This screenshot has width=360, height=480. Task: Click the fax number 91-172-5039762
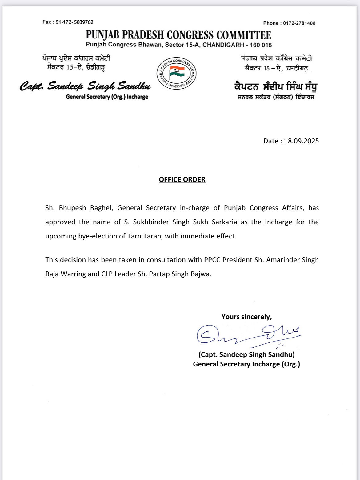click(x=74, y=22)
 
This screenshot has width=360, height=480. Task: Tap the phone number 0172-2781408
click(x=299, y=23)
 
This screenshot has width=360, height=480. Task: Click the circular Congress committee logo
click(x=177, y=73)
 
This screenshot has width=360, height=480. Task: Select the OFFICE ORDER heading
click(x=182, y=179)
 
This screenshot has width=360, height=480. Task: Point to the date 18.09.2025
click(x=301, y=141)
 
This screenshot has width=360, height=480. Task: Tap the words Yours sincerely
click(x=246, y=317)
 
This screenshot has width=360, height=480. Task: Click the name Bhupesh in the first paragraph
click(x=72, y=208)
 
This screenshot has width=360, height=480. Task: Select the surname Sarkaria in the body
click(x=224, y=222)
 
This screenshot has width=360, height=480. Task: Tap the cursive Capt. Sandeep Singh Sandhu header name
click(x=85, y=86)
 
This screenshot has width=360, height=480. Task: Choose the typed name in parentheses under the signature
click(x=246, y=354)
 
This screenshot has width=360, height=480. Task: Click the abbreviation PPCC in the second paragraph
click(x=212, y=260)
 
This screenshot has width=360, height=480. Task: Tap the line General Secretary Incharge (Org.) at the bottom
click(x=246, y=364)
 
